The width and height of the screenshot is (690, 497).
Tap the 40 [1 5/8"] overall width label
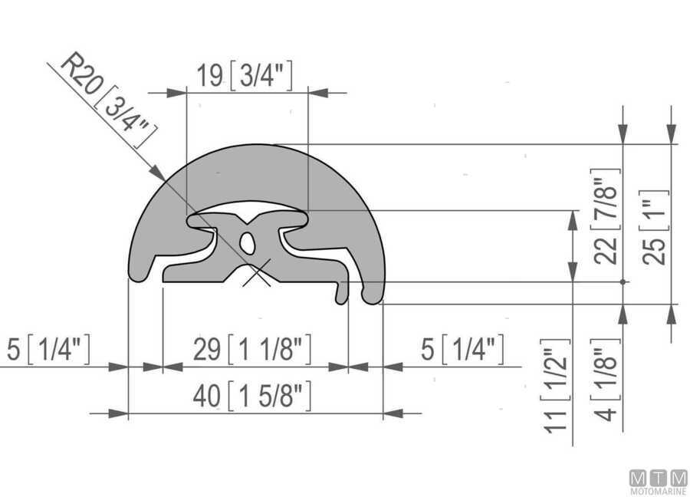click(252, 395)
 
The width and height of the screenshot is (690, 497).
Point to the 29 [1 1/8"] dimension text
click(252, 350)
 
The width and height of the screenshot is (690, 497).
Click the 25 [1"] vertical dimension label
click(655, 228)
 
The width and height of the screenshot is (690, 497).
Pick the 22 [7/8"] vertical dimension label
click(606, 216)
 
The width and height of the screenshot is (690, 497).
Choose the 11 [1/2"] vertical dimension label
click(556, 387)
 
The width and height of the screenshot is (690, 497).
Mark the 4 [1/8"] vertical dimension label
click(606, 380)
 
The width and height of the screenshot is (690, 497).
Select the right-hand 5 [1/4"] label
click(462, 350)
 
